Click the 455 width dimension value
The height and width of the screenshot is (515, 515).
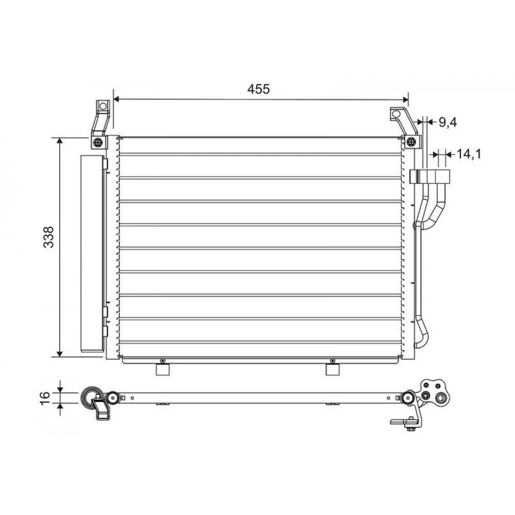point(259,89)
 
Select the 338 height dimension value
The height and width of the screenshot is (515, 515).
point(49,237)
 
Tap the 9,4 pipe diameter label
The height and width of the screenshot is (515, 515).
point(448,123)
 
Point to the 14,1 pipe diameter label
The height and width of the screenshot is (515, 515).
point(469,153)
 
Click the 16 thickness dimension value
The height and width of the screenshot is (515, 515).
point(45,398)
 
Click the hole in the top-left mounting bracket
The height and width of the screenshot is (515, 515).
point(103,106)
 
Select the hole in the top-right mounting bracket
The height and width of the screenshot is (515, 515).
point(397,114)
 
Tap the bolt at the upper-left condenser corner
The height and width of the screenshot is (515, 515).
point(98,143)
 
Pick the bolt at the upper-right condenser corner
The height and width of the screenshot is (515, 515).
point(411,142)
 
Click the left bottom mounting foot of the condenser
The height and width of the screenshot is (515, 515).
point(163,369)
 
